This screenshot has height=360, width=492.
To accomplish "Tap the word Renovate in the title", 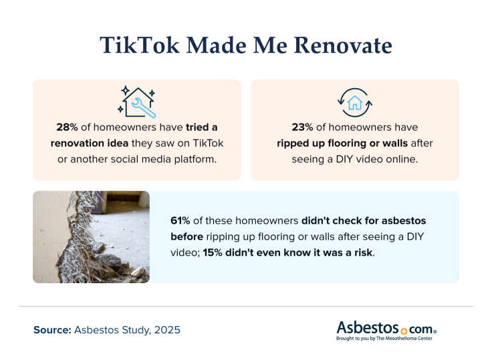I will point(339,45).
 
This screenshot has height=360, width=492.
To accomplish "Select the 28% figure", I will point(68,127).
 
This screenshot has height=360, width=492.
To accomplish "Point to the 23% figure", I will point(303,127).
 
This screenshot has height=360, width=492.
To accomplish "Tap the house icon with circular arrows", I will point(355,102).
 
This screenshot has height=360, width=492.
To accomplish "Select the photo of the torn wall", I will point(91,236).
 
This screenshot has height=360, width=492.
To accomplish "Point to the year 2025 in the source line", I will point(166,330).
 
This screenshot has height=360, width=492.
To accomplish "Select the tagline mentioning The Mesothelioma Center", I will point(386,339).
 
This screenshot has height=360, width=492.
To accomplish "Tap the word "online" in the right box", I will point(398,158).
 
